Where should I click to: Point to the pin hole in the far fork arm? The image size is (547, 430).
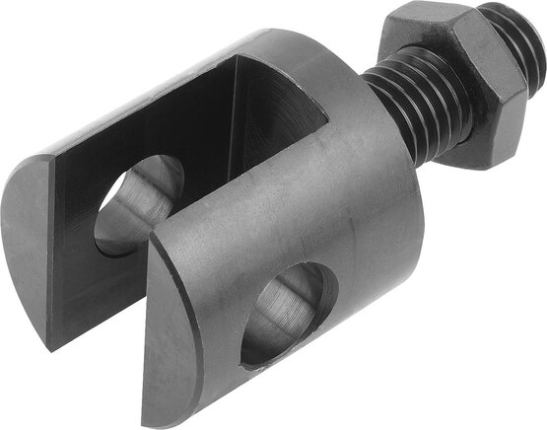click(138, 202)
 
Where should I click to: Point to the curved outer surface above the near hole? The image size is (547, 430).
click(315, 217)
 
